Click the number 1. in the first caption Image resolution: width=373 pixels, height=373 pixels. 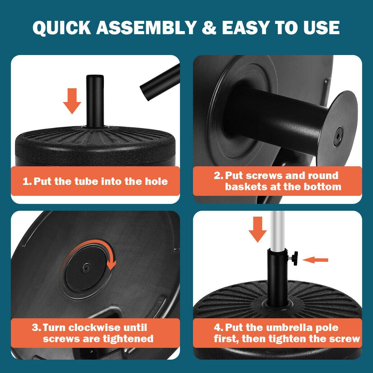pos(27,181)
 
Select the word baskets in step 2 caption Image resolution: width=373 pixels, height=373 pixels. pos(245,186)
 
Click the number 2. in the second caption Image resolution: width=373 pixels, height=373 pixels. pos(218,176)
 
